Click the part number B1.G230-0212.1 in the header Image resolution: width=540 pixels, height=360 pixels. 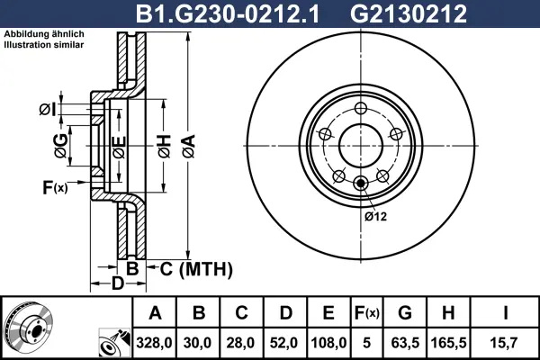[228, 14]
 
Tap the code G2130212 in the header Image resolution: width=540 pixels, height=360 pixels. [408, 14]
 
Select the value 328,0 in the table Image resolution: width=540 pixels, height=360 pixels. [154, 343]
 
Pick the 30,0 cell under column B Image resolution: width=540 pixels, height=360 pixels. [197, 343]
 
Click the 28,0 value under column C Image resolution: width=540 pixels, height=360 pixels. [240, 343]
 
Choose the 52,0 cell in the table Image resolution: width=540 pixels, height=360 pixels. [284, 343]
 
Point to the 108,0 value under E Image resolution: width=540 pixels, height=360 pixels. [328, 343]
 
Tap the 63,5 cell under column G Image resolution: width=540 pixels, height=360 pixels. [405, 343]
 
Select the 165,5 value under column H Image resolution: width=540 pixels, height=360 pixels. [448, 343]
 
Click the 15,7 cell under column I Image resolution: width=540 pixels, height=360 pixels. [504, 343]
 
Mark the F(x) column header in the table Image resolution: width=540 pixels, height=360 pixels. [367, 313]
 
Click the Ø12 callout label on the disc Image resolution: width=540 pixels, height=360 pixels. [375, 216]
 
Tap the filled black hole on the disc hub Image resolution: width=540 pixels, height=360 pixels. [361, 184]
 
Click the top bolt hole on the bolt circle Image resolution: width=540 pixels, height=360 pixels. [361, 109]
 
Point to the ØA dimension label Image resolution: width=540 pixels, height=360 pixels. [189, 147]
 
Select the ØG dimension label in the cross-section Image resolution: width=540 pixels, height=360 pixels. [60, 146]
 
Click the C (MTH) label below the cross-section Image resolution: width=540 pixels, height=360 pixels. [196, 269]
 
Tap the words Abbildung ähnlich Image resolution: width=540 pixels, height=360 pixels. [44, 34]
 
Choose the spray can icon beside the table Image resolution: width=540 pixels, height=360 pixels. [114, 343]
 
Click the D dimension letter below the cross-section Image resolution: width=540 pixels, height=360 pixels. [117, 283]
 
